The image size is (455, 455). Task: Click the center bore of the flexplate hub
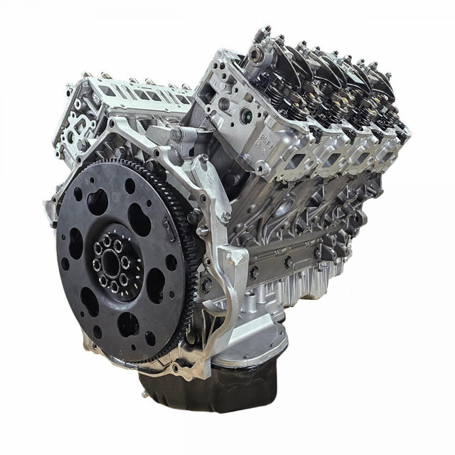coord(116,264)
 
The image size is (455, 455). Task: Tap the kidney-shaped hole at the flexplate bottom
coord(129,324)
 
